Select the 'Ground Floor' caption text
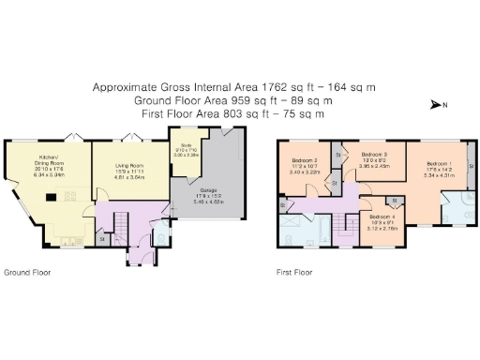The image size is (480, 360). click(27, 273)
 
